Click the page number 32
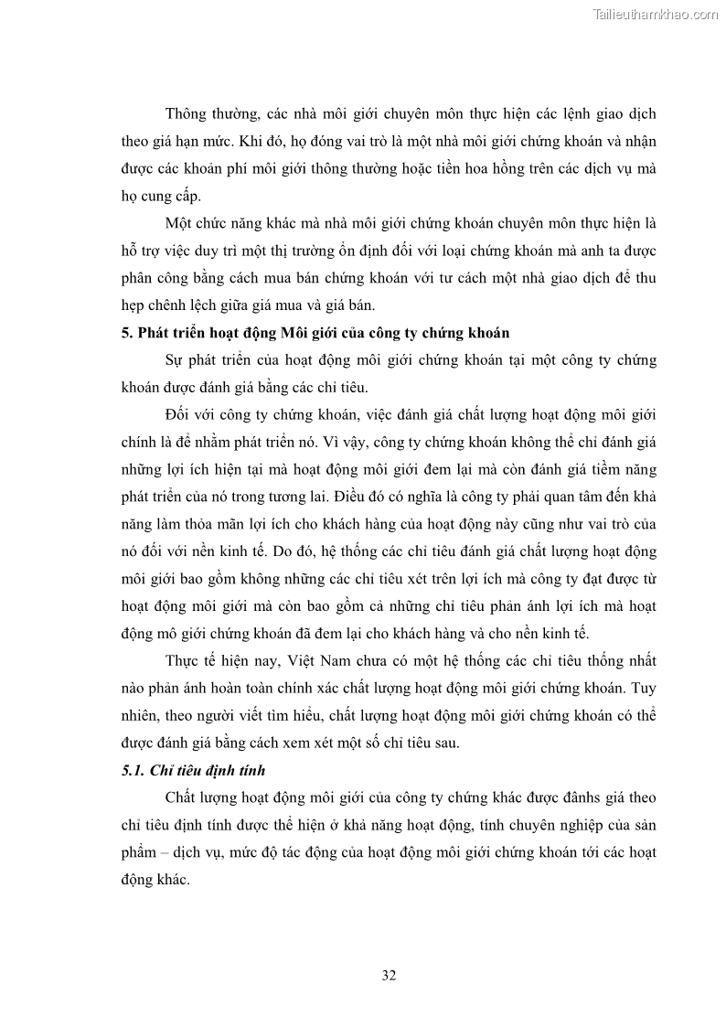click(389, 975)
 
